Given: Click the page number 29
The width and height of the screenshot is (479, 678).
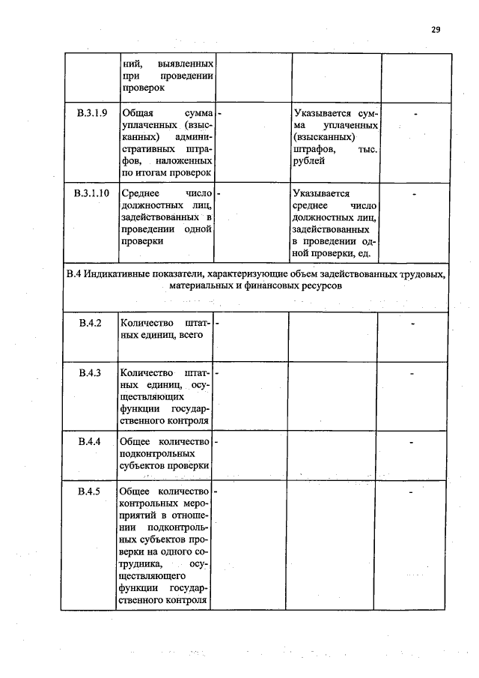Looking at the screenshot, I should [x=436, y=30].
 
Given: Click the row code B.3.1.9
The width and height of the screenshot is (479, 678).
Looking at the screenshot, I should [x=92, y=113].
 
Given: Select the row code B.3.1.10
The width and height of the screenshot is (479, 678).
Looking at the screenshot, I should [x=92, y=193].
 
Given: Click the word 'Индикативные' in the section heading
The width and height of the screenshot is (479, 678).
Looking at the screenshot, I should [x=119, y=274].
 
